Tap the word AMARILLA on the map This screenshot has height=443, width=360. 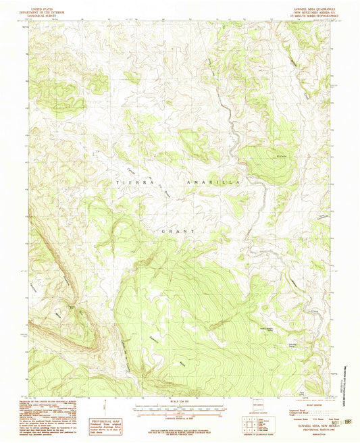click(x=210, y=182)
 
